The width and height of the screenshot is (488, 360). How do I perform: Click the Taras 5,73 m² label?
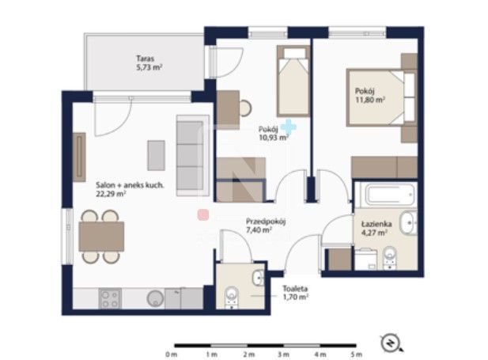pos(149,63)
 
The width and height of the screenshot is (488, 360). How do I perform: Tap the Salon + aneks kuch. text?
pos(130,185)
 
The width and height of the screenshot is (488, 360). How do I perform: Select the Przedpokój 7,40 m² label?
pos(266,225)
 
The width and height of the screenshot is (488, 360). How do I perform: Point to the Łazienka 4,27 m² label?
pos(376,229)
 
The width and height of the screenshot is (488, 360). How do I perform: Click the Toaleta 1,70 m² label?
pos(295,293)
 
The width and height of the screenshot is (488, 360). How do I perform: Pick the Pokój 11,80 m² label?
pos(370,95)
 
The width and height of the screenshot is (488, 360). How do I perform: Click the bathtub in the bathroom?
pos(390,195)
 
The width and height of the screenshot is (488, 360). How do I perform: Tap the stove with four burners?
pos(110,298)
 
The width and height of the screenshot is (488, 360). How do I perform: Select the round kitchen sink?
pos(155,298)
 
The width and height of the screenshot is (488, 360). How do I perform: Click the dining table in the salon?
pos(101,237)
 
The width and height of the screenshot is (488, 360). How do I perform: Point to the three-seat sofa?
pos(193,155)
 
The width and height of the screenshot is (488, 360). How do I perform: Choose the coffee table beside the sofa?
pos(157,155)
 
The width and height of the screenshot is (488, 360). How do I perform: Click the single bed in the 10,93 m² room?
pos(293,81)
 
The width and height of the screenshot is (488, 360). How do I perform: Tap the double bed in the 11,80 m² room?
pos(382,98)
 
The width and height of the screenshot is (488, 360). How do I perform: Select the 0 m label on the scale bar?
pos(172,354)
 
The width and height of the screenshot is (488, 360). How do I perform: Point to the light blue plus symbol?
pos(289,127)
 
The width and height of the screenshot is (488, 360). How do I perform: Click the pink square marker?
pos(203,214)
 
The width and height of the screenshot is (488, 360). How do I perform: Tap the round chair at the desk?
pos(245,108)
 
